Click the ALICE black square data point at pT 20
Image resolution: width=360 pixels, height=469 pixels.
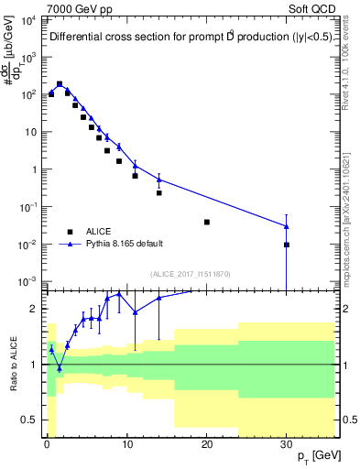tap(207, 222)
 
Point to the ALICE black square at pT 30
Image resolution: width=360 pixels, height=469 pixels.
tap(287, 245)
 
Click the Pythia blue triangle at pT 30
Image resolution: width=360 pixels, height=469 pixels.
tap(287, 225)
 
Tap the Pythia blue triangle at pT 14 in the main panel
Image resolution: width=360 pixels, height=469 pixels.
tap(158, 180)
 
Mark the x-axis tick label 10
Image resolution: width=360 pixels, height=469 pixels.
tap(126, 445)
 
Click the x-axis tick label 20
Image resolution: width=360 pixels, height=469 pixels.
tap(207, 445)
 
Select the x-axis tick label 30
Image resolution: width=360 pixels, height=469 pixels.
tap(287, 445)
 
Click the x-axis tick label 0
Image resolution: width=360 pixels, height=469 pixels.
tap(47, 445)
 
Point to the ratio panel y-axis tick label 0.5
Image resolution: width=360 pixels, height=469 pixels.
tap(32, 420)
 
